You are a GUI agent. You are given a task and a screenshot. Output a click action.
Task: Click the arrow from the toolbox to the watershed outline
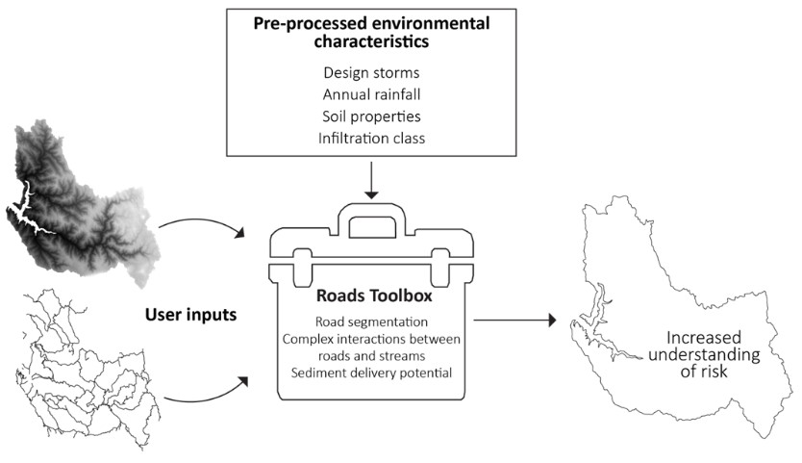click(515, 320)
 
